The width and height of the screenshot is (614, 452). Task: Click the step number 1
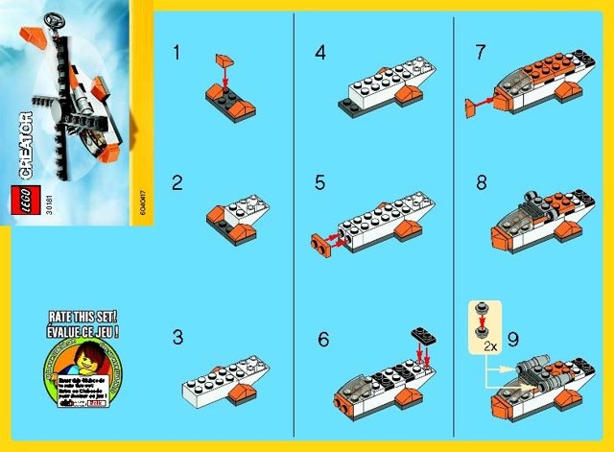[x=177, y=53]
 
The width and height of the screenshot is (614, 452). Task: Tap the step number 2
[x=177, y=182]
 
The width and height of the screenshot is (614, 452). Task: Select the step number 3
[x=177, y=337]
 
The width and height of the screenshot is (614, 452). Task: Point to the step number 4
[x=320, y=53]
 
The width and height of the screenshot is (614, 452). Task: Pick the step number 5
[x=320, y=182]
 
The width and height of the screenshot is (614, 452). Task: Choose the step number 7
[x=481, y=53]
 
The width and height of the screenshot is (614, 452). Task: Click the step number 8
[x=481, y=182]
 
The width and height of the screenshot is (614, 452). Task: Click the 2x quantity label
[x=489, y=343]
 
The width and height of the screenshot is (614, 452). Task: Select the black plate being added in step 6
[x=422, y=335]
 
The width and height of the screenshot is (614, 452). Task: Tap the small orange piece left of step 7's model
[x=471, y=109]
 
